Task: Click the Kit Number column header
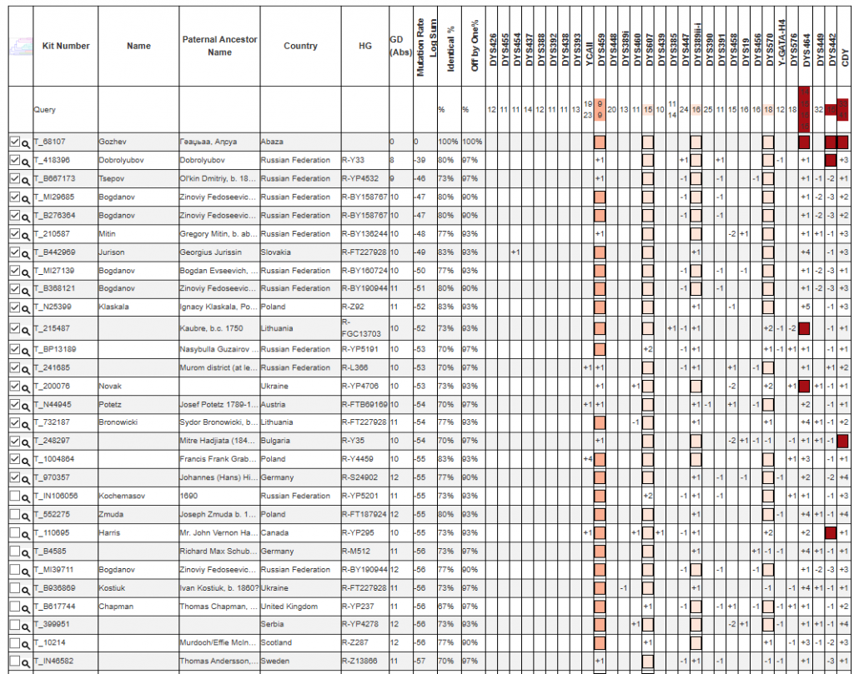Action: pyautogui.click(x=66, y=46)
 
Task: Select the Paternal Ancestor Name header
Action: pyautogui.click(x=219, y=46)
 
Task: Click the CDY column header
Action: pyautogui.click(x=844, y=59)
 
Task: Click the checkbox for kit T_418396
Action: pyautogui.click(x=13, y=160)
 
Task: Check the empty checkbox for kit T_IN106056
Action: pyautogui.click(x=13, y=497)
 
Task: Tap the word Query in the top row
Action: pyautogui.click(x=44, y=109)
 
